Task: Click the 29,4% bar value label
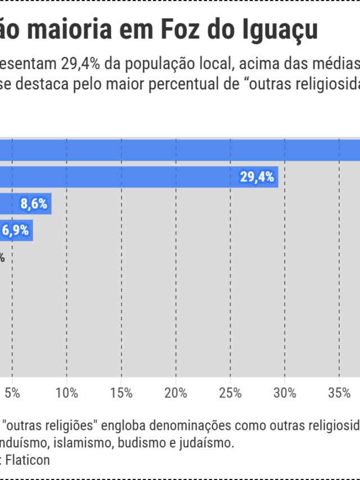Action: [x=257, y=177]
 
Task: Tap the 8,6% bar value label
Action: [x=34, y=204]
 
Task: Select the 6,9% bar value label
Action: [x=16, y=230]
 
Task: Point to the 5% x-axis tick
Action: [x=12, y=393]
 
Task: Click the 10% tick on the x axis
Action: [x=67, y=393]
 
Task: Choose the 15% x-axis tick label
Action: [x=121, y=393]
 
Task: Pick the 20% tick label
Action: [x=176, y=393]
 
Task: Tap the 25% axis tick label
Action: [x=230, y=393]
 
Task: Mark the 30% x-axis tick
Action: [x=285, y=393]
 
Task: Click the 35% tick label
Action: [x=339, y=393]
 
